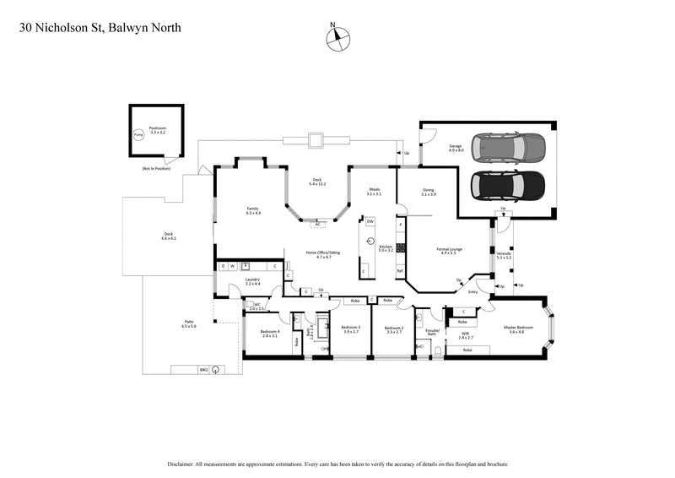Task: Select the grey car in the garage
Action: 510,148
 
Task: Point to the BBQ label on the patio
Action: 203,369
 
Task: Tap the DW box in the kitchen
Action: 370,221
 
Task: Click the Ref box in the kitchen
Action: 400,270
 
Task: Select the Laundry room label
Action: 252,281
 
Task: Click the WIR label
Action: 465,335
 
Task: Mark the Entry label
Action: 472,292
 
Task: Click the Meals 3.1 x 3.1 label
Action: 374,192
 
